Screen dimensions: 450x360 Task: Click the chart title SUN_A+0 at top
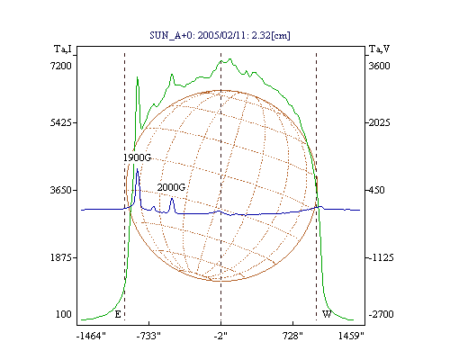pyautogui.click(x=220, y=36)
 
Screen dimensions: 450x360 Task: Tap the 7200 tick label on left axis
pyautogui.click(x=61, y=66)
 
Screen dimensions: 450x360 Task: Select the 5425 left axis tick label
pyautogui.click(x=61, y=122)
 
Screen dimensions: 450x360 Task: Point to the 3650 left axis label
pyautogui.click(x=61, y=190)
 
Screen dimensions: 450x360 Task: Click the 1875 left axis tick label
pyautogui.click(x=61, y=257)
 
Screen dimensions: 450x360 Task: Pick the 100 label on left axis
pyautogui.click(x=64, y=314)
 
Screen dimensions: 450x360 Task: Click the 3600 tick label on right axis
pyautogui.click(x=379, y=66)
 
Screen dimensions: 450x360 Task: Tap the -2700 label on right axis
pyautogui.click(x=381, y=314)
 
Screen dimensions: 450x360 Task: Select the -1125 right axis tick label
pyautogui.click(x=381, y=257)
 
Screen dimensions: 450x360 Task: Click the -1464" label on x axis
pyautogui.click(x=91, y=336)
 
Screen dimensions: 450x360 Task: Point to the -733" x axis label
pyautogui.click(x=148, y=336)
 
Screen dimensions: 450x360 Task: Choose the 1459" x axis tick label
pyautogui.click(x=351, y=336)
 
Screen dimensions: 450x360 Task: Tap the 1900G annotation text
pyautogui.click(x=137, y=157)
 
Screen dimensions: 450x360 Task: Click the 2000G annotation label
pyautogui.click(x=171, y=187)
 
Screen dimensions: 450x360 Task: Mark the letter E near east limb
pyautogui.click(x=118, y=314)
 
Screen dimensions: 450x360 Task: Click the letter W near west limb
pyautogui.click(x=327, y=314)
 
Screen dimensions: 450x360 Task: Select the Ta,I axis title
pyautogui.click(x=63, y=49)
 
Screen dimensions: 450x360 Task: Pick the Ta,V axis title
pyautogui.click(x=379, y=49)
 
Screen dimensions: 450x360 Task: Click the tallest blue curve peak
pyautogui.click(x=138, y=169)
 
